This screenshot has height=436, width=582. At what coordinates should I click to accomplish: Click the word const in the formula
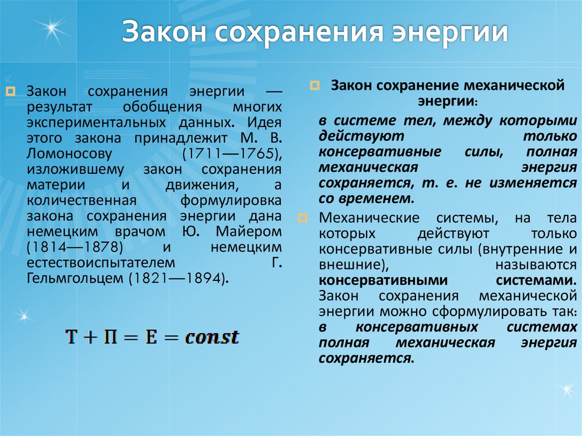[x=213, y=337]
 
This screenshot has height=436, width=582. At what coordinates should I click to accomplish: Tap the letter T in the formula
[x=72, y=337]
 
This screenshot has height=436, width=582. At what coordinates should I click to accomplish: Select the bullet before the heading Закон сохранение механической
[x=313, y=86]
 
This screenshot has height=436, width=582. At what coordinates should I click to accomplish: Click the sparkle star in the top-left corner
[x=55, y=26]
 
